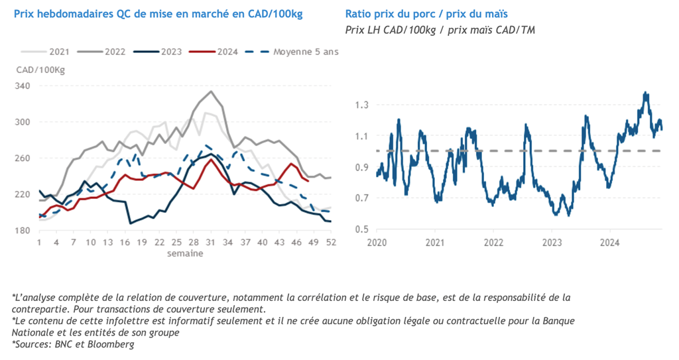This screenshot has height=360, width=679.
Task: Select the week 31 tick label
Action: click(x=211, y=242)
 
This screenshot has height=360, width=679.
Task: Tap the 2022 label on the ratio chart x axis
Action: click(x=493, y=242)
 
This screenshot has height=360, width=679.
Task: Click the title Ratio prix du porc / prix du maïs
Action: click(x=431, y=14)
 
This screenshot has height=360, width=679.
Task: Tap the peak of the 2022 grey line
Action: click(x=211, y=91)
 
